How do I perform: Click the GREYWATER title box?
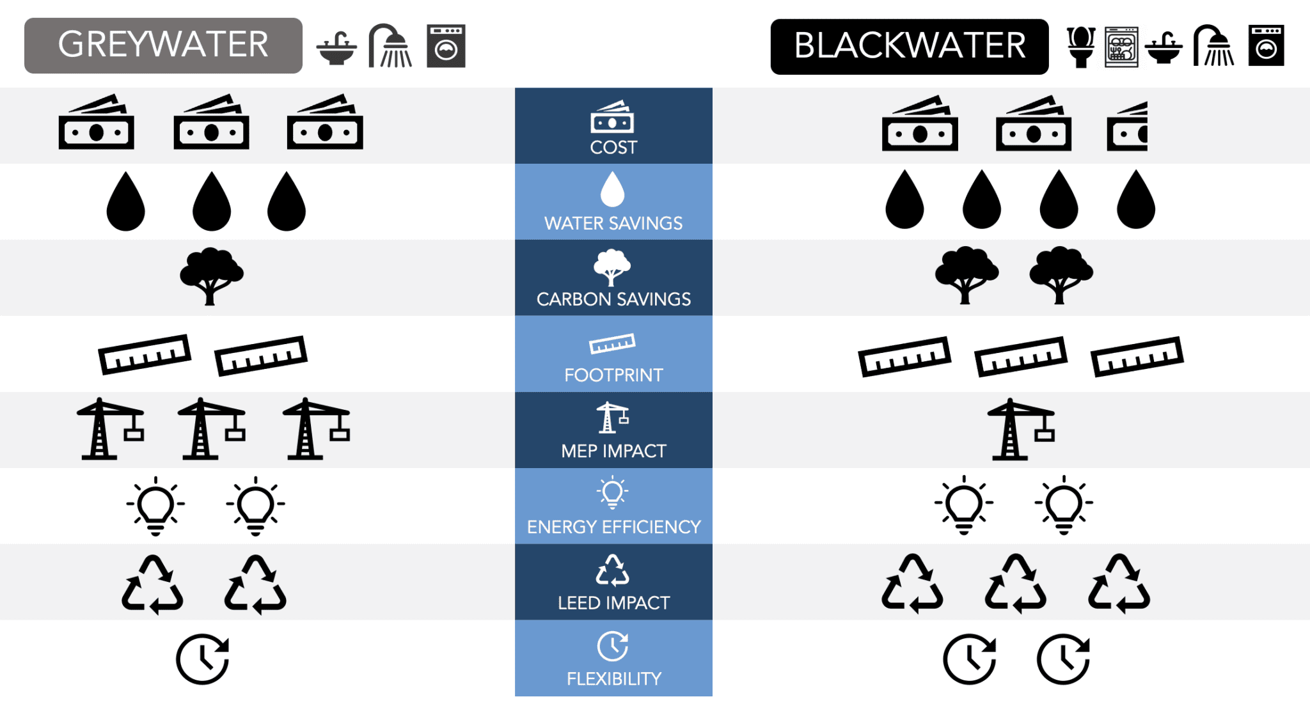point(163,45)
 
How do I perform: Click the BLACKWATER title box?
point(909,47)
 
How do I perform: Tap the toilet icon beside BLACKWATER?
point(1081,47)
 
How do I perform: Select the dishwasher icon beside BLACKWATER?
point(1121,47)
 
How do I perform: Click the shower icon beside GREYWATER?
point(390,46)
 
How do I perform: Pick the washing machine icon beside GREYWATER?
point(446,46)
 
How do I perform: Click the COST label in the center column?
point(613,147)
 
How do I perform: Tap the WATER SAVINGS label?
point(613,223)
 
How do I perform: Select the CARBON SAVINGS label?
point(613,299)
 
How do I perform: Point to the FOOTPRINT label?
point(613,375)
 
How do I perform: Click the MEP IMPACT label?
point(613,451)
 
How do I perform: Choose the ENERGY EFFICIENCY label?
point(613,527)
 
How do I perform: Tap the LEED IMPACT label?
point(613,602)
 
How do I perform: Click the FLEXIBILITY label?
point(613,678)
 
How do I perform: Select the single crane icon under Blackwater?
point(1020,429)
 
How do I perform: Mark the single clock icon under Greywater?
point(203,659)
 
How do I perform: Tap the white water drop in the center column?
point(612,189)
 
